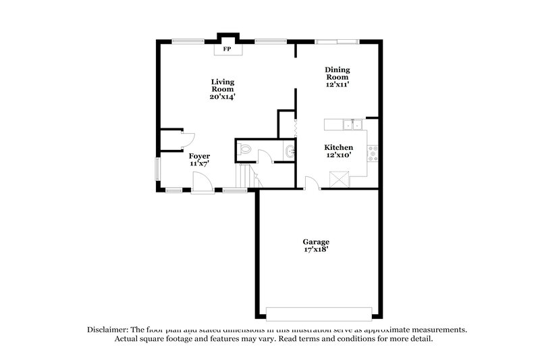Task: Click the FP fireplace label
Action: [x=226, y=49]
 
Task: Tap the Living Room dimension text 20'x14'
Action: [x=222, y=97]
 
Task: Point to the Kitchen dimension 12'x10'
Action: [x=338, y=156]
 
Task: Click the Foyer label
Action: [x=199, y=156]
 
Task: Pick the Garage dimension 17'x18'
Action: [x=316, y=250]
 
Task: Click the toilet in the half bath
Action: [x=245, y=150]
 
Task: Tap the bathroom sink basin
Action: [x=290, y=151]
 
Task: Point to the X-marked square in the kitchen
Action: [x=337, y=180]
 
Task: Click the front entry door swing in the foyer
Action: [x=201, y=182]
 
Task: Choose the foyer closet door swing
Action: [x=188, y=140]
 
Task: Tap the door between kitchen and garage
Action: [x=312, y=183]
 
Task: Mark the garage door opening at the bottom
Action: [x=319, y=313]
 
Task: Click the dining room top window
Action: [x=337, y=43]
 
